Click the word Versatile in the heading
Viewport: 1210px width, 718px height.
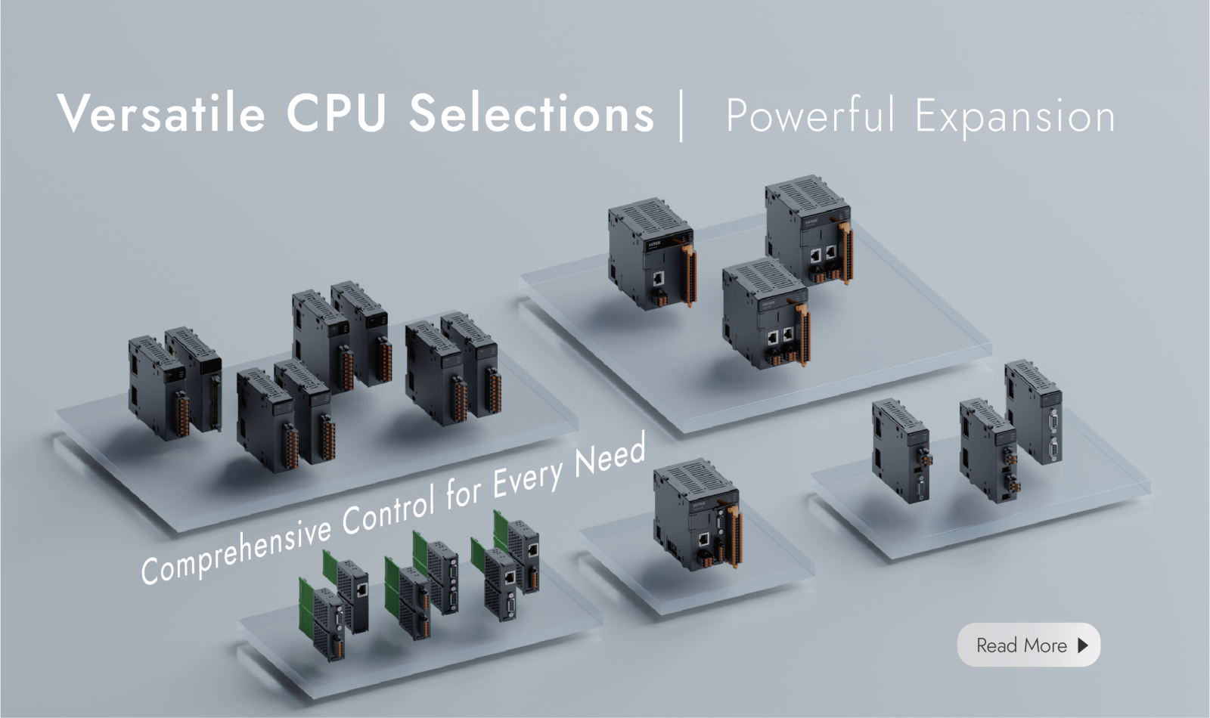[x=161, y=113]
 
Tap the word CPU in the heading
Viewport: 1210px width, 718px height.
[x=337, y=113]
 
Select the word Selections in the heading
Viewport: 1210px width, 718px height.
[x=532, y=113]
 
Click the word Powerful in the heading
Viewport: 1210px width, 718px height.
[x=810, y=115]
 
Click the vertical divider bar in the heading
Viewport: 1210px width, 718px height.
[x=681, y=116]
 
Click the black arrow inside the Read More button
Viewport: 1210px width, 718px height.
[x=1082, y=645]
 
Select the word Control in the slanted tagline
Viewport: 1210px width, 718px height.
[x=390, y=508]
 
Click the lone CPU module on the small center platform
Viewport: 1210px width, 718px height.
[x=697, y=515]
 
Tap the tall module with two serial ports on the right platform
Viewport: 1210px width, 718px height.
[x=1034, y=412]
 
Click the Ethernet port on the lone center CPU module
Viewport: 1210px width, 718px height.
[x=704, y=539]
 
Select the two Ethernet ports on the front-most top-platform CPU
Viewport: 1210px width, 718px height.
[x=780, y=336]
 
